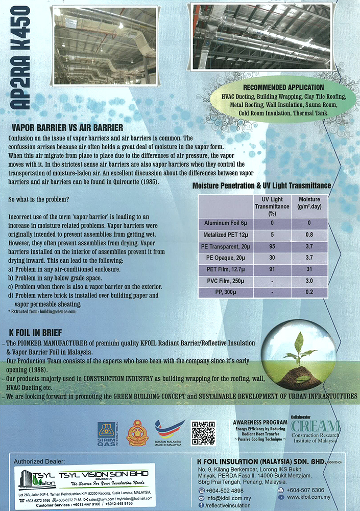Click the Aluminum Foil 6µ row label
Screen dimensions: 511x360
tap(225, 223)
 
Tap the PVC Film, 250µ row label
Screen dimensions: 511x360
tap(225, 282)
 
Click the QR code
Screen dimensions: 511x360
tap(203, 432)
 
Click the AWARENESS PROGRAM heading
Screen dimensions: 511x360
tap(257, 423)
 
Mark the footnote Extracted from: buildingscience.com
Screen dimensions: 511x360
tap(42, 311)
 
